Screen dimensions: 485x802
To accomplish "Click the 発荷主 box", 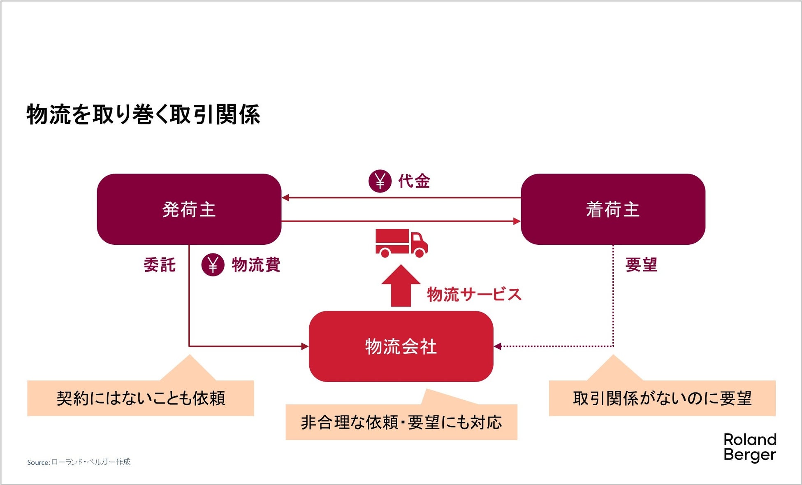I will [x=189, y=209].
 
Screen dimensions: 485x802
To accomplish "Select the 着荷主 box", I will [x=612, y=209].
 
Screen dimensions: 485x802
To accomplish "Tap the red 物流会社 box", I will [x=401, y=346].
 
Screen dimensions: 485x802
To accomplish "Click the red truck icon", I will [x=401, y=243].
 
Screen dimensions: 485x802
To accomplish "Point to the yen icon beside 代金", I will [x=380, y=181].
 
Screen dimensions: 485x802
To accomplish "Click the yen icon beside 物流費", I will [x=213, y=265].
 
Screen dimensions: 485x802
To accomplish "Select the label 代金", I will [x=414, y=181].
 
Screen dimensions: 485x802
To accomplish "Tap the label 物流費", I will [x=256, y=265].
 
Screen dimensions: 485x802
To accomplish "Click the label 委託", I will [x=160, y=265].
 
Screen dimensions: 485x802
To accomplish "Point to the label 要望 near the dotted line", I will [x=641, y=265].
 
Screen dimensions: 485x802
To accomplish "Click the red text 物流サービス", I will [x=474, y=295].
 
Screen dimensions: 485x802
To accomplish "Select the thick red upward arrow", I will [x=401, y=286].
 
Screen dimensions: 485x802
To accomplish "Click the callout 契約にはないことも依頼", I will [x=141, y=398].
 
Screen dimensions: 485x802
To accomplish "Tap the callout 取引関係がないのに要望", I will [x=662, y=398].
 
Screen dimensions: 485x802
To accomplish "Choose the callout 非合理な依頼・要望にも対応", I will [x=401, y=422].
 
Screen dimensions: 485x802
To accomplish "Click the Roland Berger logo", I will [x=749, y=447].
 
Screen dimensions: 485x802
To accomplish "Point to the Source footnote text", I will [x=79, y=462].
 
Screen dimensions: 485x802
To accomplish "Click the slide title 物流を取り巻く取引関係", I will [x=143, y=114].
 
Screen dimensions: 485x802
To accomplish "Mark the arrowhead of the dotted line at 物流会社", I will [x=498, y=346].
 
